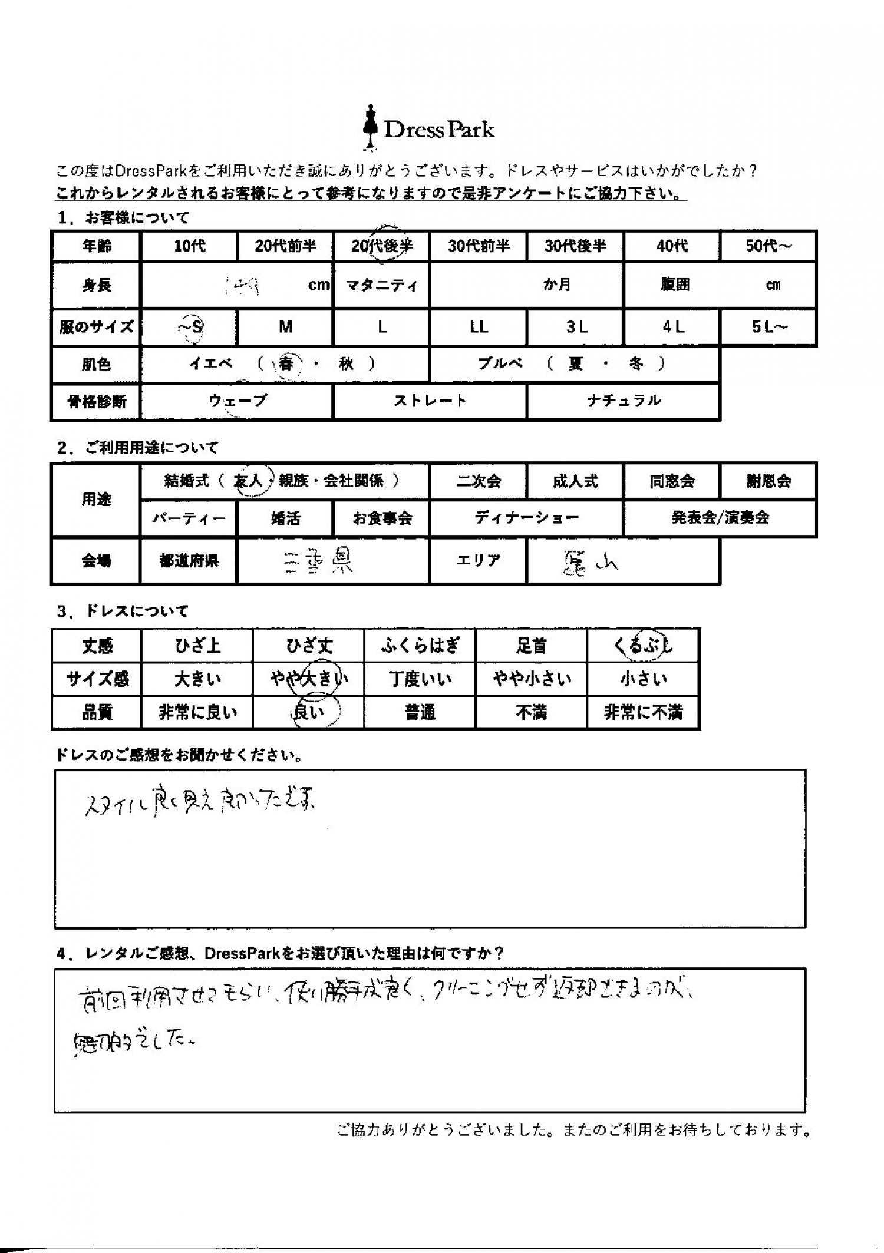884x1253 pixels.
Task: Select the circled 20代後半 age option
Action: point(382,246)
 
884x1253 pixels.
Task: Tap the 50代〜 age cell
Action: point(768,246)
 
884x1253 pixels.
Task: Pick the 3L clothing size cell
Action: point(575,327)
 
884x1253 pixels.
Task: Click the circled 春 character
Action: point(286,364)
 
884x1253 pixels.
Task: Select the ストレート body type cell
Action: point(430,402)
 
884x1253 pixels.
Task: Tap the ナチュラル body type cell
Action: point(624,402)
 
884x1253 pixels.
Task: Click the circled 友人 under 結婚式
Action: point(249,481)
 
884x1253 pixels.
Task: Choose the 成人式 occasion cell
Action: point(575,481)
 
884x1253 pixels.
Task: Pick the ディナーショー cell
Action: point(526,518)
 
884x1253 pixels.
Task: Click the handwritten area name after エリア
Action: point(589,564)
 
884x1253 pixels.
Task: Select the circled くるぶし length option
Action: point(643,646)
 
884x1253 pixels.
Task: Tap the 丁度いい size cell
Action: point(420,679)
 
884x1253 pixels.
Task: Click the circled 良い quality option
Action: point(309,712)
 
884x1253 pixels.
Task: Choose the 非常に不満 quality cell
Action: point(643,713)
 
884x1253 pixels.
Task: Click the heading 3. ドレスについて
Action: point(123,611)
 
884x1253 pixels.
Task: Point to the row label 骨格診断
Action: point(97,402)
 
